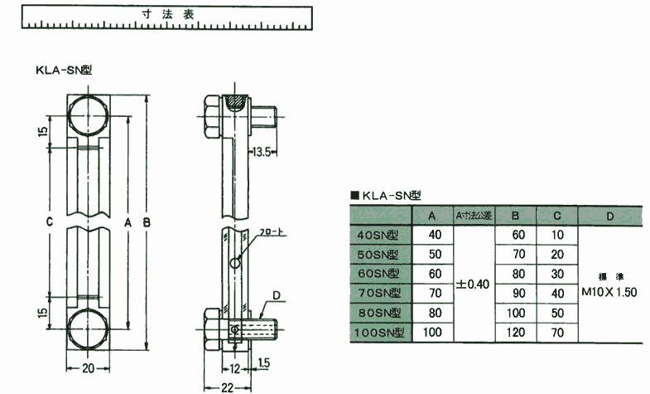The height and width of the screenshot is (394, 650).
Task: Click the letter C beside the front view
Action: (x=50, y=222)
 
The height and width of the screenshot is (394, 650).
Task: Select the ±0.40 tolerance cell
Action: (x=473, y=284)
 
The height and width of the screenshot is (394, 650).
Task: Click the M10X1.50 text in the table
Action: (x=609, y=292)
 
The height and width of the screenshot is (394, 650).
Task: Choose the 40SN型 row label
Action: (x=378, y=236)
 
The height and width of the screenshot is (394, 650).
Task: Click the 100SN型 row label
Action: (x=378, y=333)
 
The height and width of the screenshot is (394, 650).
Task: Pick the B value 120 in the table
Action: (x=518, y=333)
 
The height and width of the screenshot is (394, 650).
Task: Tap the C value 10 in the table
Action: (x=556, y=236)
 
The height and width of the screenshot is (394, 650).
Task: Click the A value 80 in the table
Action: (x=436, y=313)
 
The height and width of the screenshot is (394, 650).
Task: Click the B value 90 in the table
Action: (x=518, y=294)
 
